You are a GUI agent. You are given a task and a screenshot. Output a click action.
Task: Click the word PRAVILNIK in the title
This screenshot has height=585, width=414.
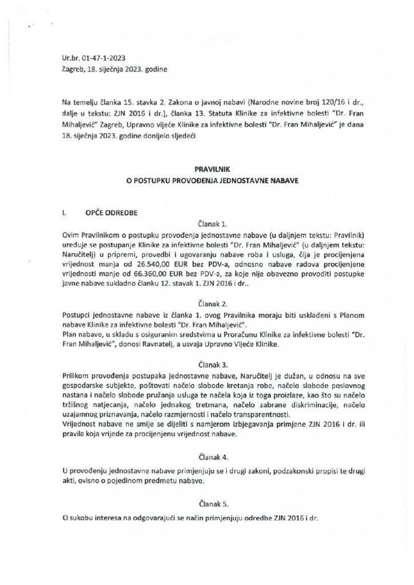(x=206, y=169)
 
